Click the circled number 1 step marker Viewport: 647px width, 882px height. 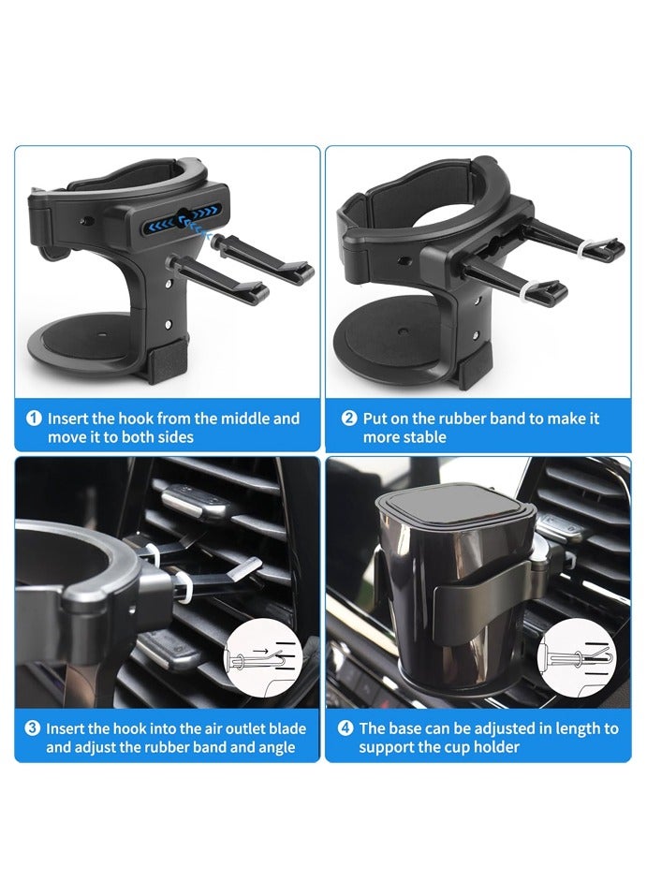click(x=35, y=419)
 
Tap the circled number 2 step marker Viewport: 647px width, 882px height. click(x=349, y=419)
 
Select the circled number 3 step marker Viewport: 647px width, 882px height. click(x=33, y=728)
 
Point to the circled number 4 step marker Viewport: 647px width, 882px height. click(x=346, y=728)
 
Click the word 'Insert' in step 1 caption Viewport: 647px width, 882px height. click(x=67, y=419)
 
